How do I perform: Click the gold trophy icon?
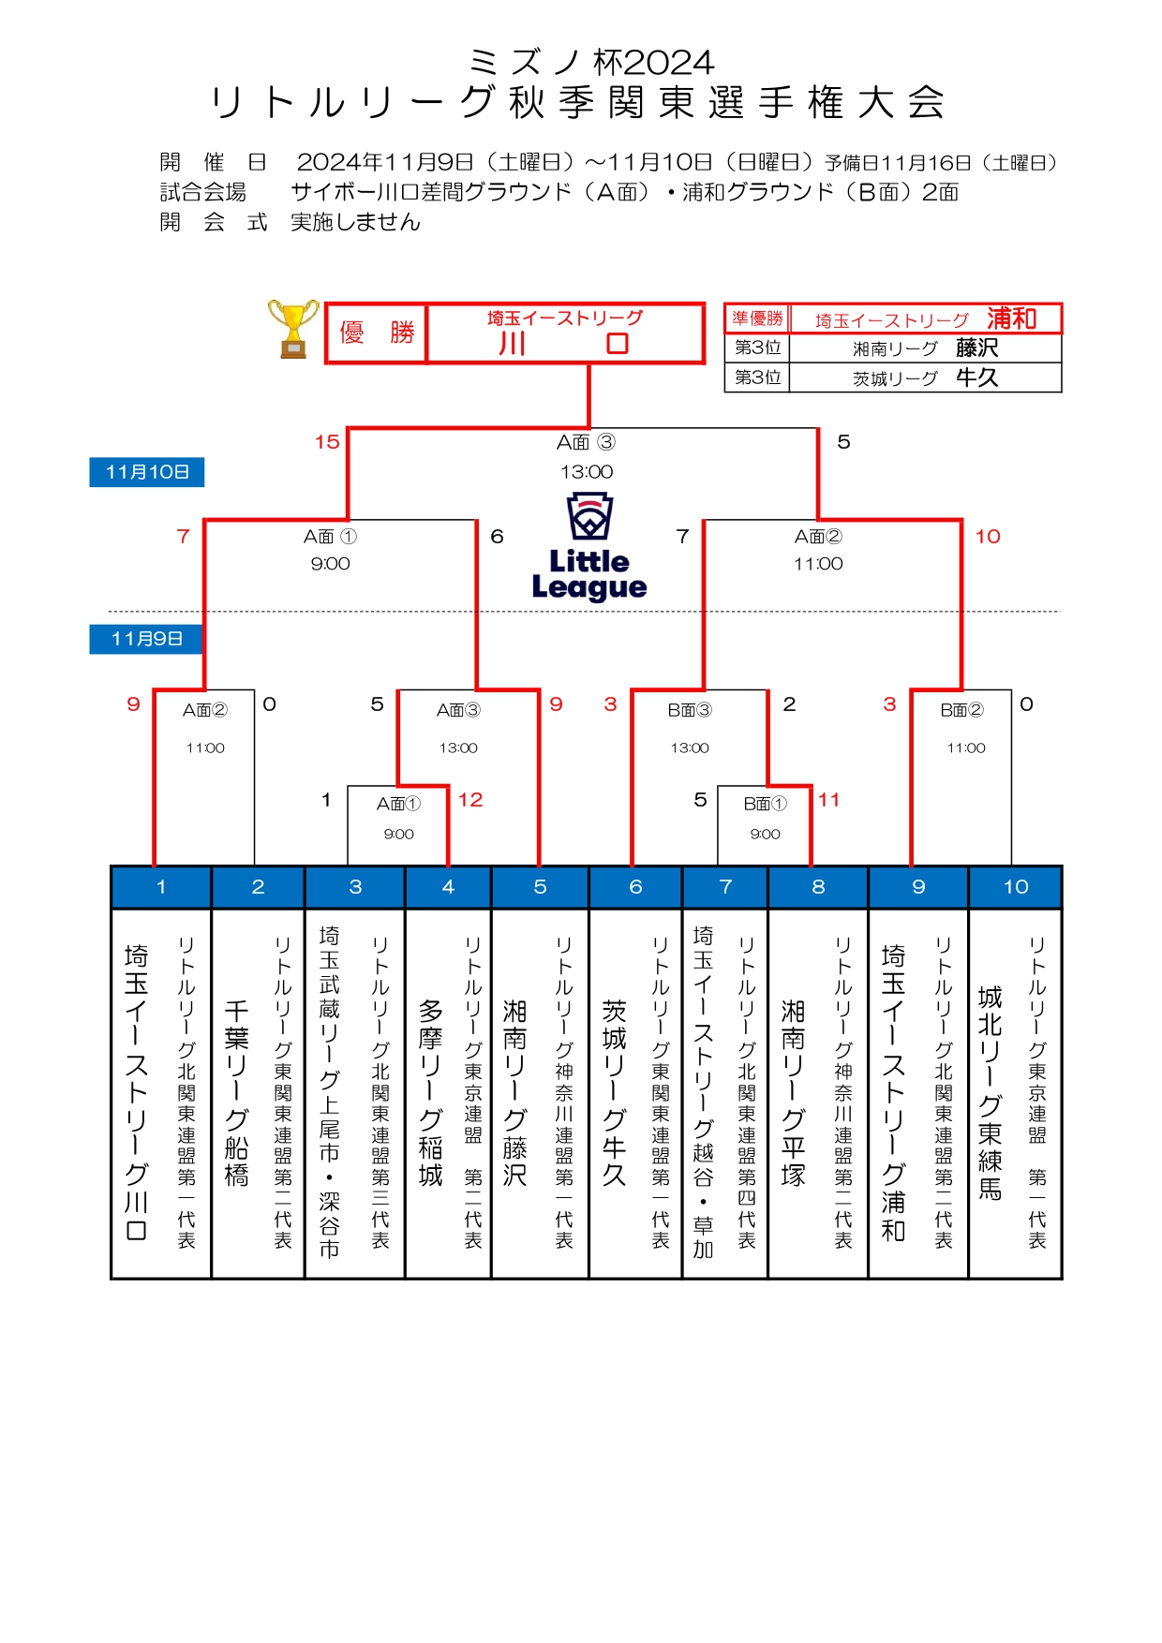[293, 329]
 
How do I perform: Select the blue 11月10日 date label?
[147, 472]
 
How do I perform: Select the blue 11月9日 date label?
[147, 639]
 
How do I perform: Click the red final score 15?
[327, 442]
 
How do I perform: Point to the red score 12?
[470, 800]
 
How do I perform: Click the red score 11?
[828, 800]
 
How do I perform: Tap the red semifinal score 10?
[988, 537]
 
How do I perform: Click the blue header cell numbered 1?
[161, 887]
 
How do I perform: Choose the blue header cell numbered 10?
[1016, 887]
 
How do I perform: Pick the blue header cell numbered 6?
[635, 887]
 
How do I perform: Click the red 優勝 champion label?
[377, 333]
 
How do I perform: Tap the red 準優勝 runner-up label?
[757, 318]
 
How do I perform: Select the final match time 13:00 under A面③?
[587, 472]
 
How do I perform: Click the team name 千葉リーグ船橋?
[237, 1092]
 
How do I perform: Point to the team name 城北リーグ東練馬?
[990, 1092]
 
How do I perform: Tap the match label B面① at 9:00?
[765, 804]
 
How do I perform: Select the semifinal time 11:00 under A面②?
[818, 564]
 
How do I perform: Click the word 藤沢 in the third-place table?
[977, 348]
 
